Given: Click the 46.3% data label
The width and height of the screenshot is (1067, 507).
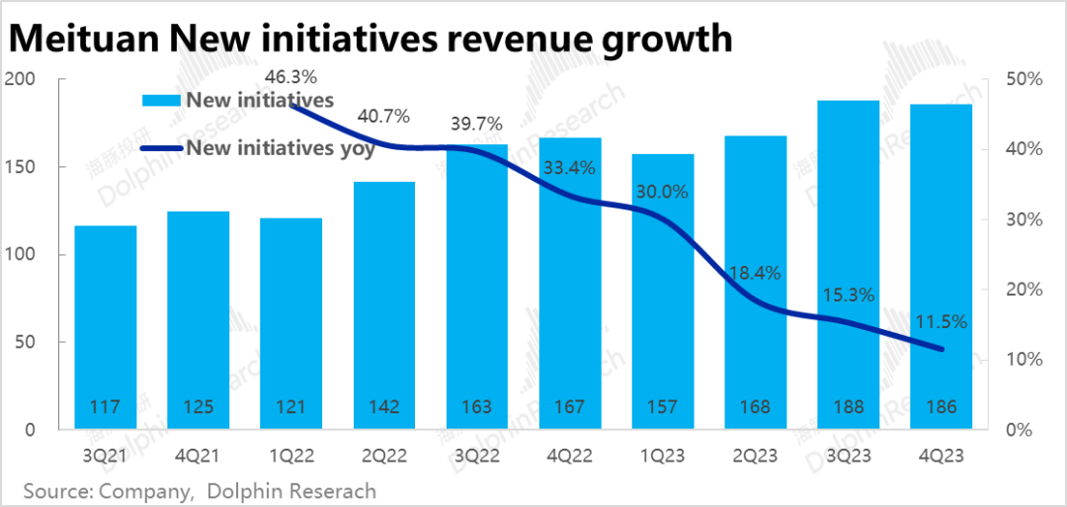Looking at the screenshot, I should coord(291,76).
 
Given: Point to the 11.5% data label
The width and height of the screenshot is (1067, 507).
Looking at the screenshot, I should coord(941,321).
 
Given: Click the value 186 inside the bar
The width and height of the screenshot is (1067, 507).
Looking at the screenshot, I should coord(942,406).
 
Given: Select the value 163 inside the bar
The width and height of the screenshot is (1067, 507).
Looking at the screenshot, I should coord(478,406).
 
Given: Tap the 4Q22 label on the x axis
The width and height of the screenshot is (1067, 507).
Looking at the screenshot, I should coord(571,456).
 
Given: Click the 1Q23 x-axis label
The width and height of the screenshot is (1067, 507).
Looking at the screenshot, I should coord(664,456).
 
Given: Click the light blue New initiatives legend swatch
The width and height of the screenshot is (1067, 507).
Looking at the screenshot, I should coord(162,100).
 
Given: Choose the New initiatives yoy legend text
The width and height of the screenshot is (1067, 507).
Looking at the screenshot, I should coord(281,148).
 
